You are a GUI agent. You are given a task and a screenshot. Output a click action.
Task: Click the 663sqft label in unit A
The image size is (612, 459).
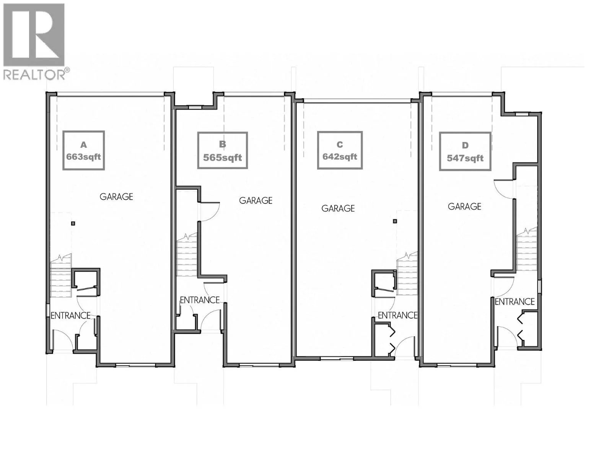(x=83, y=157)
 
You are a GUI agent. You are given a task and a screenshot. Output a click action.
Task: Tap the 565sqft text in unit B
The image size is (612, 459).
(x=222, y=158)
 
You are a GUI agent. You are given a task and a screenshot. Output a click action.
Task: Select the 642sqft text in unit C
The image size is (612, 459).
(x=340, y=157)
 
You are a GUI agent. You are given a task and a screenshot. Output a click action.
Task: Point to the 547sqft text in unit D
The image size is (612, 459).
(x=465, y=158)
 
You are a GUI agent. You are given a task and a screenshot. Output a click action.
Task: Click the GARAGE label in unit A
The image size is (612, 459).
(x=116, y=197)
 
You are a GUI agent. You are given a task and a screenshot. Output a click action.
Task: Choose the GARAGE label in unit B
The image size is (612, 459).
(x=256, y=200)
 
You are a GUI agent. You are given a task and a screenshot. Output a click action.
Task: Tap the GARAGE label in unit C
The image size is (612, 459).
(x=338, y=208)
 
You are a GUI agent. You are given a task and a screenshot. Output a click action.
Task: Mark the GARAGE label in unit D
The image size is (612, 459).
(x=464, y=207)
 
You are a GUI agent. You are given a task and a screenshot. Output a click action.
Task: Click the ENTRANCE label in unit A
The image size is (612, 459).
(x=71, y=316)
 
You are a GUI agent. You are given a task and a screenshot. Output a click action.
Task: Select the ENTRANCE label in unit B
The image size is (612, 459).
(x=200, y=300)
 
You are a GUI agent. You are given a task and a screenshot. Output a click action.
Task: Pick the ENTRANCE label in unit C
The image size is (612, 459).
(x=397, y=315)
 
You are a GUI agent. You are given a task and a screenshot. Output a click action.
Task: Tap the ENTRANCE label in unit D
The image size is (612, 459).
(x=514, y=302)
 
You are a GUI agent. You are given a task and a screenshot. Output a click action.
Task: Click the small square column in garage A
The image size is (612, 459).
(x=73, y=223)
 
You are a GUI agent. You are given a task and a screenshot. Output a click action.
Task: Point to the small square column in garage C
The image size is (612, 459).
(x=395, y=221)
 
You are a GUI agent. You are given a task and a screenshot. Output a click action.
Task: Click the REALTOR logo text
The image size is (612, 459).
(x=34, y=75)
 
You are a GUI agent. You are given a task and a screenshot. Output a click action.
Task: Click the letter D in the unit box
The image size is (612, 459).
(x=465, y=145)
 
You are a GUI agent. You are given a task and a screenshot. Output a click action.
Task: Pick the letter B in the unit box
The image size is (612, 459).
(x=222, y=144)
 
